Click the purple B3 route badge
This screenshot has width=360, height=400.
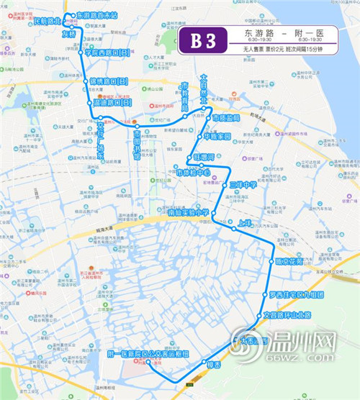(x=202, y=40)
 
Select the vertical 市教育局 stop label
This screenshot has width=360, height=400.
(x=184, y=93)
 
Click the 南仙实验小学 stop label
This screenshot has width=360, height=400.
(x=186, y=212)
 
